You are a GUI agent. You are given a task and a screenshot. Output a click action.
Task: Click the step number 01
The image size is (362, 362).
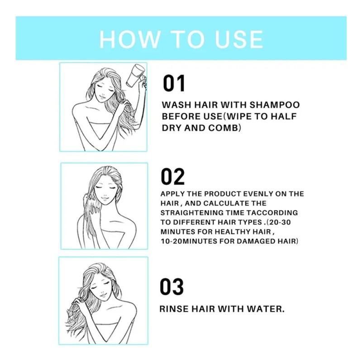(174, 84)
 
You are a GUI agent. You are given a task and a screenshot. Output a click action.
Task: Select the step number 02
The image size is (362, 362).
(173, 177)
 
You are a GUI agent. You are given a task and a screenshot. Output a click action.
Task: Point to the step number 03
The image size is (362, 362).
(172, 287)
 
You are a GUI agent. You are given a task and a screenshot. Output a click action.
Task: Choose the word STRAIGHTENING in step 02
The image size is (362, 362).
(191, 213)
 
